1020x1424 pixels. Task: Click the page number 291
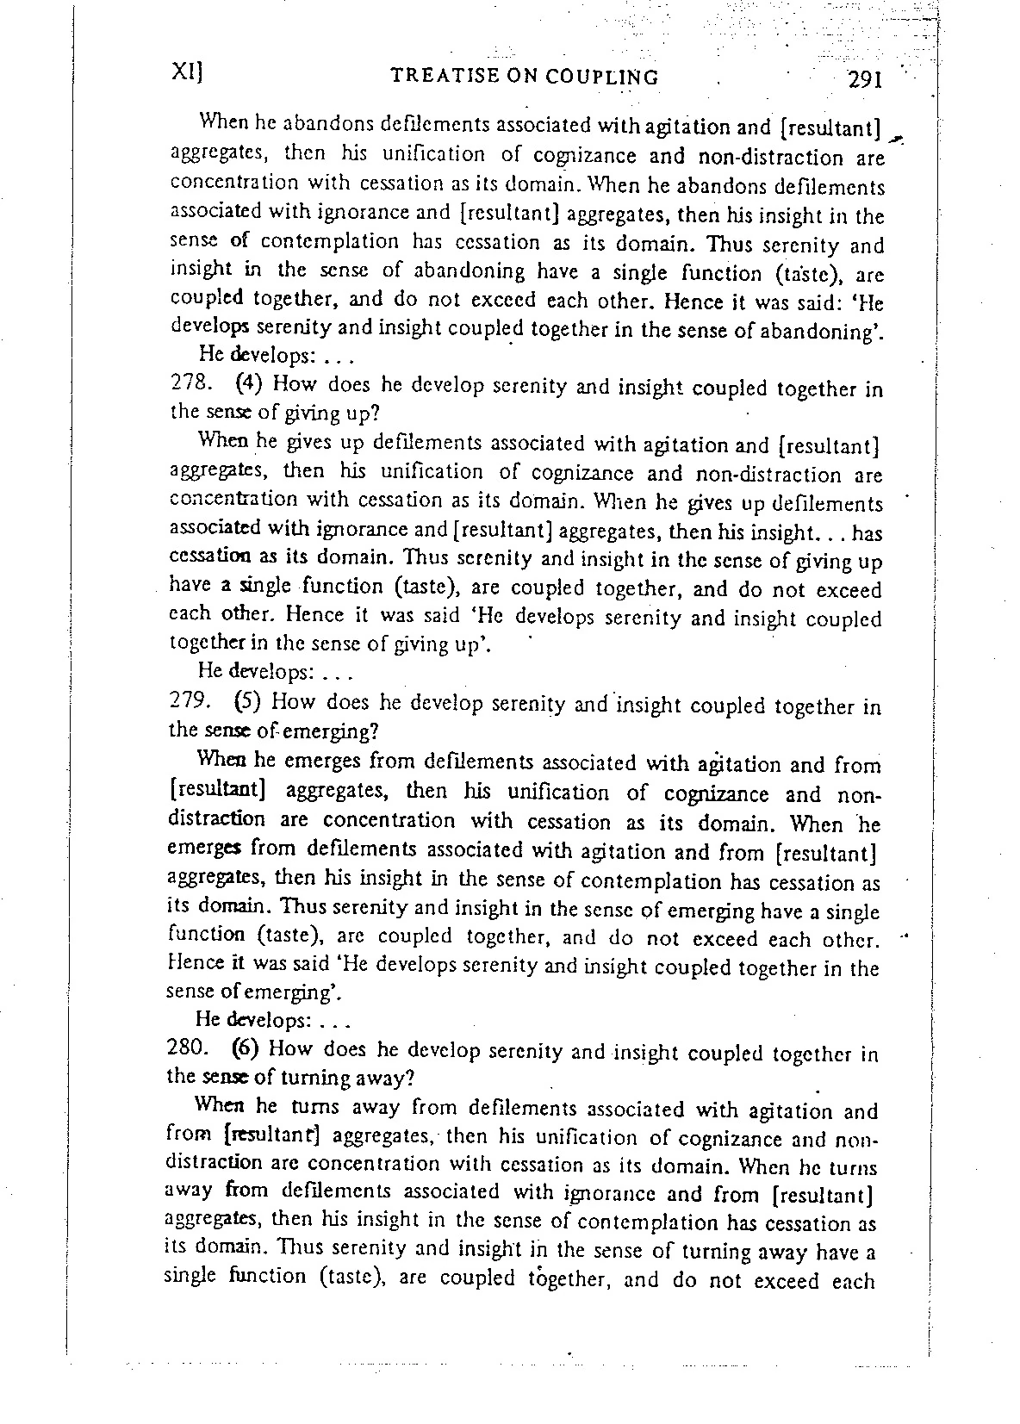click(863, 80)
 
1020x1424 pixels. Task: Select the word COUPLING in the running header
click(611, 78)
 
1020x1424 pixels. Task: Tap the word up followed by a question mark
click(358, 413)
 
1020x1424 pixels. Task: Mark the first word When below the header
click(222, 121)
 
